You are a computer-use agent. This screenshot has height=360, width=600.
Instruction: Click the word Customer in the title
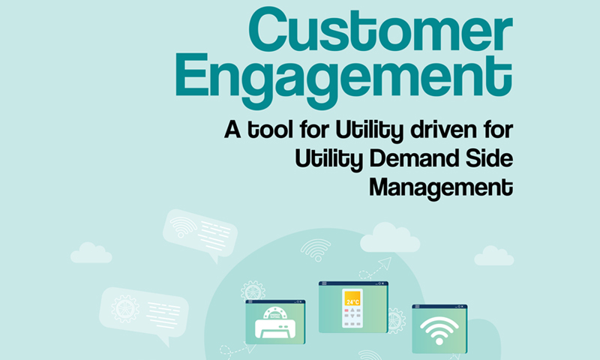click(x=380, y=31)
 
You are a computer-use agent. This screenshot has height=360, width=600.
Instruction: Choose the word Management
click(x=441, y=187)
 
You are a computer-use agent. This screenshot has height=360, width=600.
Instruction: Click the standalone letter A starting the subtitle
click(x=232, y=129)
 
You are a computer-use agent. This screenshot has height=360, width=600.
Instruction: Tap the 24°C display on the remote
click(x=352, y=298)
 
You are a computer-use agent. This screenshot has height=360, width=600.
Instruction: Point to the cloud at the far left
click(x=91, y=253)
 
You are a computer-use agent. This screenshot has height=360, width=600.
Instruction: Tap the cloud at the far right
click(x=494, y=256)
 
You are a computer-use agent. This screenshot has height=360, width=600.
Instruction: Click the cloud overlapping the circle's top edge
click(x=390, y=238)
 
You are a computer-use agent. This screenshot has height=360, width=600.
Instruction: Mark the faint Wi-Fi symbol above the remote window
click(x=316, y=250)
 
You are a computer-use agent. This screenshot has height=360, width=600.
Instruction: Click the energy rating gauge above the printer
click(x=275, y=313)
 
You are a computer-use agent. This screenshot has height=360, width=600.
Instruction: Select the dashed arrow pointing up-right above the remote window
click(x=376, y=268)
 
